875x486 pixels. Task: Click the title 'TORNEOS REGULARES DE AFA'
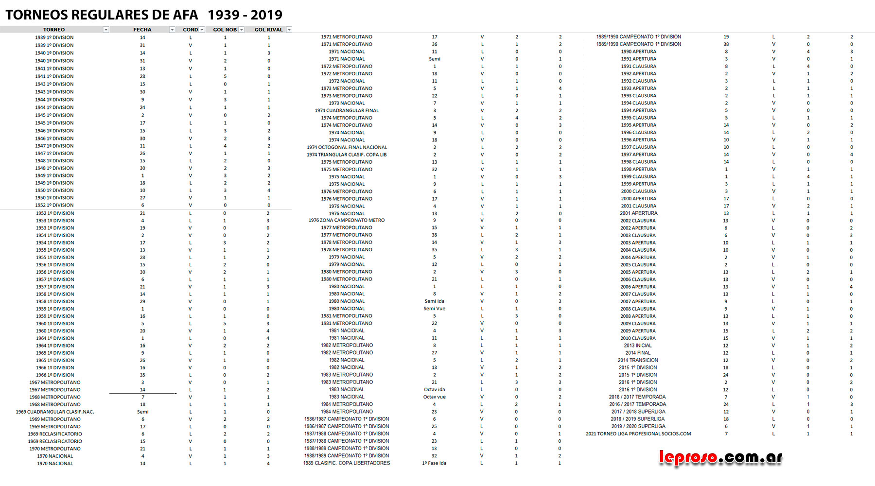(x=102, y=15)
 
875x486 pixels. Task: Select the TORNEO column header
(x=54, y=30)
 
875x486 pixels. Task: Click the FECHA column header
(x=142, y=30)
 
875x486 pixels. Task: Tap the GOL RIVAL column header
(x=268, y=30)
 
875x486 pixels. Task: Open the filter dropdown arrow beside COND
(x=202, y=30)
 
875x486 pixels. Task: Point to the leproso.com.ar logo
(x=720, y=457)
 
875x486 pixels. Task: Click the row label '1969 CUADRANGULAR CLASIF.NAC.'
(x=55, y=412)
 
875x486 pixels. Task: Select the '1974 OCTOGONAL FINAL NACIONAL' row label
(x=347, y=147)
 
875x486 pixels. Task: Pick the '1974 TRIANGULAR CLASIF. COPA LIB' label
(x=347, y=155)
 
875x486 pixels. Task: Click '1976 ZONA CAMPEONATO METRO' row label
(x=347, y=220)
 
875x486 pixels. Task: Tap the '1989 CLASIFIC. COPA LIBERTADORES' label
(x=347, y=463)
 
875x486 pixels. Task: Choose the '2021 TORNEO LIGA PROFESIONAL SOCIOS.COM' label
(x=638, y=434)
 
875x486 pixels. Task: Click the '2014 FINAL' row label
(x=638, y=353)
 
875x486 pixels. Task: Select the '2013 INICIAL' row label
(x=638, y=346)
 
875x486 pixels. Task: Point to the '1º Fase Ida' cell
(x=434, y=463)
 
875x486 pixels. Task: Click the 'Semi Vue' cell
(x=434, y=309)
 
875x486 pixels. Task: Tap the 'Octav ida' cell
(x=434, y=389)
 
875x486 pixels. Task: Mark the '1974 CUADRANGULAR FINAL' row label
(x=347, y=110)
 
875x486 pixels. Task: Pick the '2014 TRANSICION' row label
(x=638, y=360)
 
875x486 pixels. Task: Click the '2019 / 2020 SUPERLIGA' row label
(x=638, y=426)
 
